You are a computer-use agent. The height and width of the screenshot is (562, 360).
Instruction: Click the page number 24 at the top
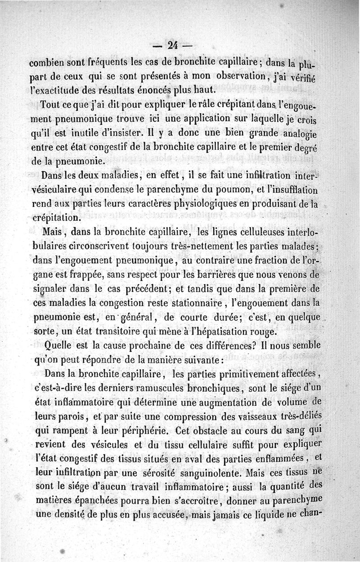click(173, 45)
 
